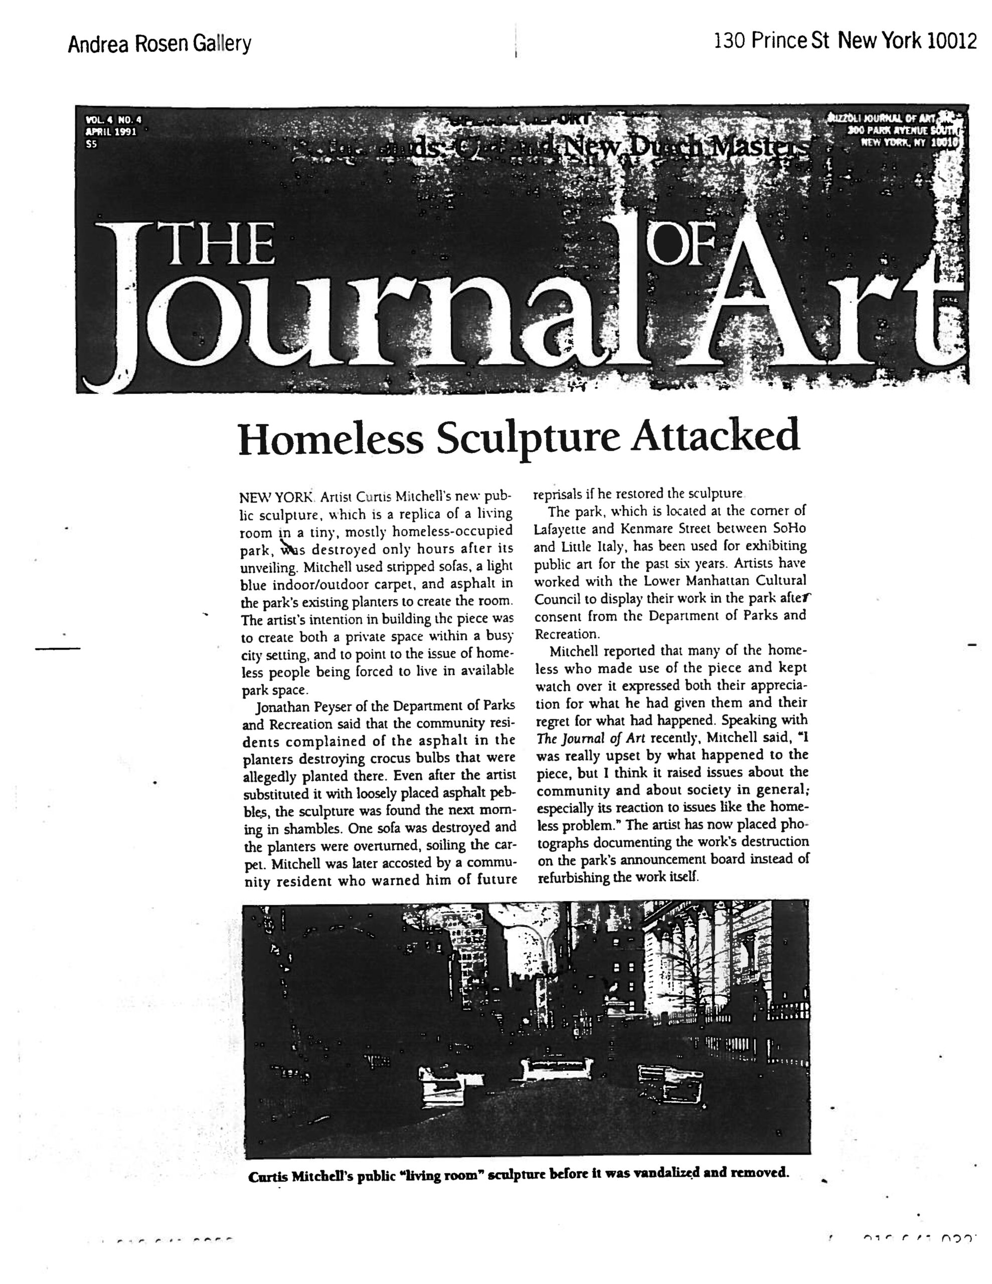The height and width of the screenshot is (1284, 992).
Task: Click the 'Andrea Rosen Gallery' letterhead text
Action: click(x=159, y=44)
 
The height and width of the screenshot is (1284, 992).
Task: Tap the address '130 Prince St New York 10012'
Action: click(x=845, y=41)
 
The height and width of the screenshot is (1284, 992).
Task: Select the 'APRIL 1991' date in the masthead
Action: click(x=110, y=132)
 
